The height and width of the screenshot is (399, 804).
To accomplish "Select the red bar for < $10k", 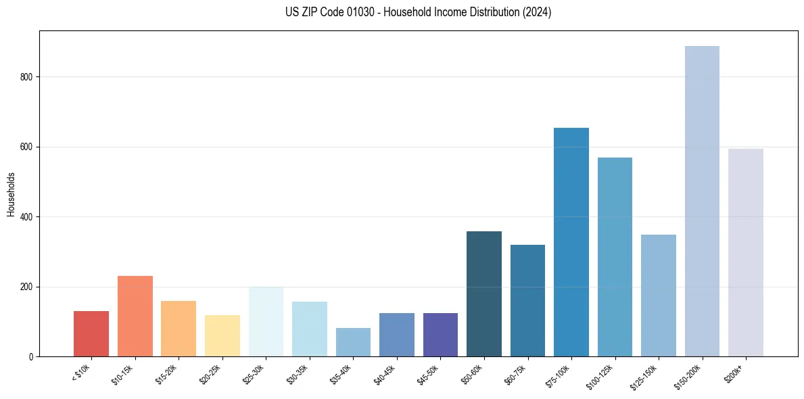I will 91,334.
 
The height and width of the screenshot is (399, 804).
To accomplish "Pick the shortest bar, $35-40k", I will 353,342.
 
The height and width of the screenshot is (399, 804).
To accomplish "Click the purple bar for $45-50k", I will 440,335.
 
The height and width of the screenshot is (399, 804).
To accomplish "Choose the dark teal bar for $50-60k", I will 484,294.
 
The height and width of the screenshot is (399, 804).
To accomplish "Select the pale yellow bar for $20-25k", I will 222,336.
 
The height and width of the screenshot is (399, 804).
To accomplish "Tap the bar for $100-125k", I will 615,257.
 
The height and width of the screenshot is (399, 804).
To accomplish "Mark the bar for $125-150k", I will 659,296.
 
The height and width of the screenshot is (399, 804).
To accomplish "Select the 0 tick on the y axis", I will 32,357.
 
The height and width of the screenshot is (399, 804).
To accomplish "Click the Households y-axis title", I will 11,194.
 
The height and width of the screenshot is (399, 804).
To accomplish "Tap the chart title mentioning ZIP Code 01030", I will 419,12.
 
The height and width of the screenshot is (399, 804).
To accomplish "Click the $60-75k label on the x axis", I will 515,374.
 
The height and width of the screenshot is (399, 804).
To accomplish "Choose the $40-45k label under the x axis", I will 384,374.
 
